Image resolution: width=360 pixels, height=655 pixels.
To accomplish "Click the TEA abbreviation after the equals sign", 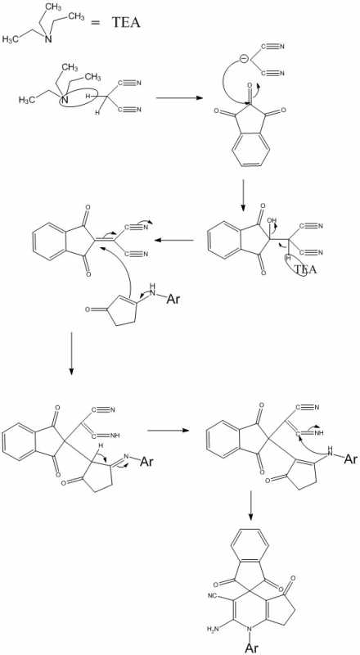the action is (x=126, y=23).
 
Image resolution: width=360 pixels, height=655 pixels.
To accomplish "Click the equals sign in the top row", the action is (x=97, y=24).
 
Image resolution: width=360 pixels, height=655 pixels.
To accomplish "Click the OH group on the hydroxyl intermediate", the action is (x=273, y=221).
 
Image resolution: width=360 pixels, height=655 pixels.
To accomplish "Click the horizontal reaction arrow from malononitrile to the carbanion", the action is (x=178, y=98).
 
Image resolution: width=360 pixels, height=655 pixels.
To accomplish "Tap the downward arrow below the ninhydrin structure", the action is (x=244, y=196).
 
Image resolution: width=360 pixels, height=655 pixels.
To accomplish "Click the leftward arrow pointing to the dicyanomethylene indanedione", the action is (x=173, y=240).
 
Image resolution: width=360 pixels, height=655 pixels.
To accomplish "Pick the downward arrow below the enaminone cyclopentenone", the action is (x=71, y=354).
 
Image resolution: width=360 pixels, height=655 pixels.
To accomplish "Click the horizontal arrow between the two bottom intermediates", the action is (x=168, y=431).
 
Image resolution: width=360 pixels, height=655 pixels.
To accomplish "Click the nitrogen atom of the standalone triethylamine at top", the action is (x=48, y=39).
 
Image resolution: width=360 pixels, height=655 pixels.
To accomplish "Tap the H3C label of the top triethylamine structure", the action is (x=11, y=39).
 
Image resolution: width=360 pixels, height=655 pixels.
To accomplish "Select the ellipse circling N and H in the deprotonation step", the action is (x=79, y=99).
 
